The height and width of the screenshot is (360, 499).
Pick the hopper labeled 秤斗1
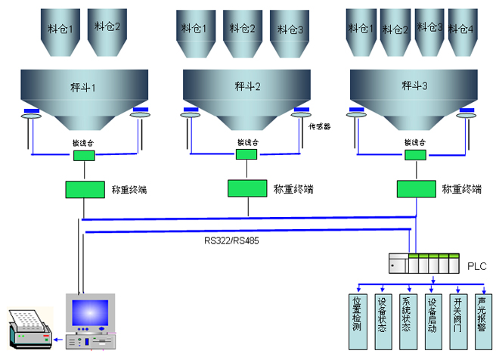[83, 91]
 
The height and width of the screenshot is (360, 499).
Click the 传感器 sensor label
[321, 126]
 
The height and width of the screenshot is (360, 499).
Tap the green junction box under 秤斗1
[83, 156]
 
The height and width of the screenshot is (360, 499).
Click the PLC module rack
[423, 265]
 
